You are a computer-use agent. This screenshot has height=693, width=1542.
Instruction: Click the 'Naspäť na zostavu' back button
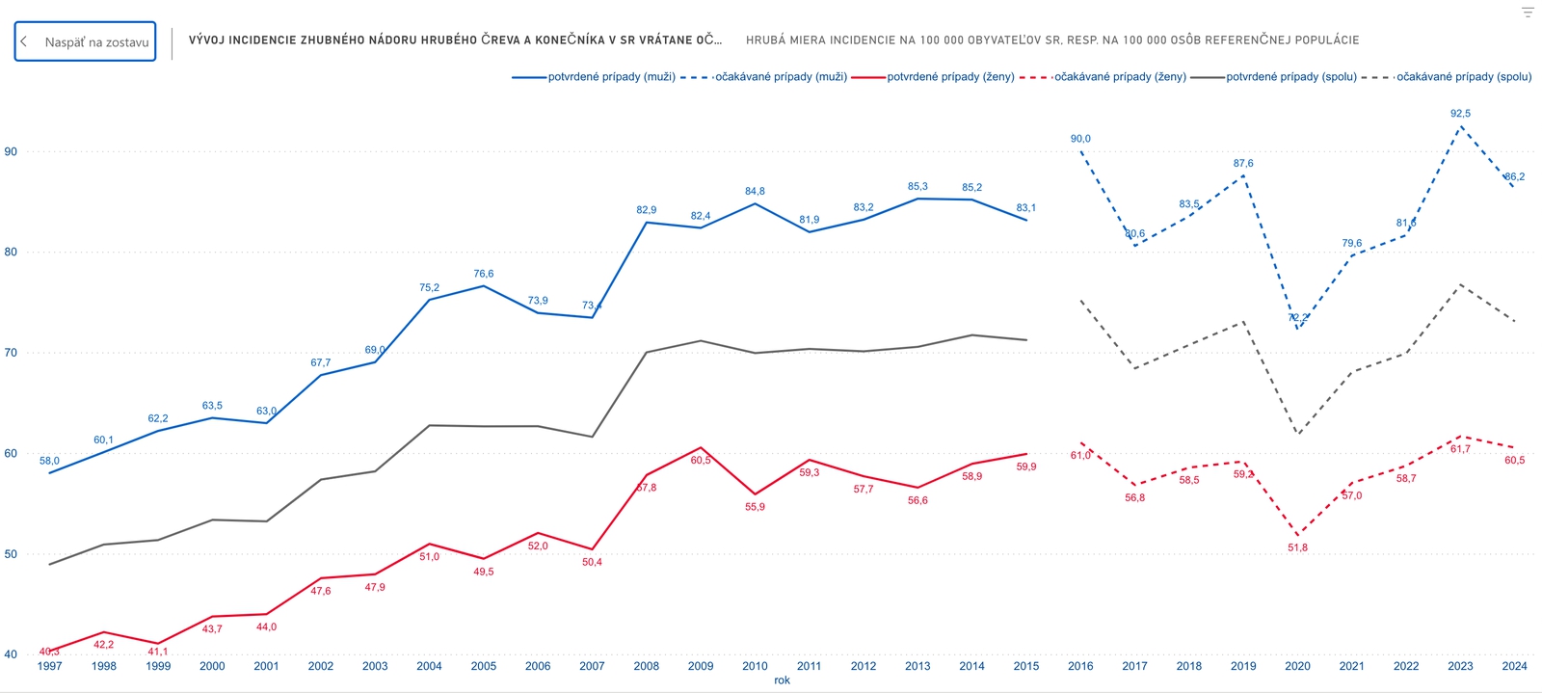85,41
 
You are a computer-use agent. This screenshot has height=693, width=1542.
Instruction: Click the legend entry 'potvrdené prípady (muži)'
611,77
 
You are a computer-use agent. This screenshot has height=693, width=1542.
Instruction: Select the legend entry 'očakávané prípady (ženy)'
1119,77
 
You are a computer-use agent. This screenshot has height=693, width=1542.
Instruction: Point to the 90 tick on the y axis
11,151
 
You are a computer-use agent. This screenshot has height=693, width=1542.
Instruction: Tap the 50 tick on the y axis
11,554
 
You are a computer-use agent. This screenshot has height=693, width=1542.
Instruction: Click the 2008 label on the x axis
647,666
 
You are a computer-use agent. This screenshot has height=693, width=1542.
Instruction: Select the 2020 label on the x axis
1297,666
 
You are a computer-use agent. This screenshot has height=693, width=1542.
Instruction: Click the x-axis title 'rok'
782,680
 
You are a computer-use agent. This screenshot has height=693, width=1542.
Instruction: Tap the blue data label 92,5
1460,114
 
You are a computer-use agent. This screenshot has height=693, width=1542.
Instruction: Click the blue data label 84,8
755,192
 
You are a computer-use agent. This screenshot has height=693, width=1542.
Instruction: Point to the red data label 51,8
1297,547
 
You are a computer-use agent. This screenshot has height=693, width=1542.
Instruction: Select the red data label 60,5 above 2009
701,461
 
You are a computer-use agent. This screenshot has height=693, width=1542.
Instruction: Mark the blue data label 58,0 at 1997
49,461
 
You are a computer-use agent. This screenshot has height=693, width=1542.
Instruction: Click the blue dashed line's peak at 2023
1460,126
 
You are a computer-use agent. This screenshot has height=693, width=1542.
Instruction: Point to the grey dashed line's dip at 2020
1297,434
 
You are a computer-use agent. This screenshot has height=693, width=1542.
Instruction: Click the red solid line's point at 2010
755,494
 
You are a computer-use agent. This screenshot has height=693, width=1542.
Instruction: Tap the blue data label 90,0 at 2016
1080,139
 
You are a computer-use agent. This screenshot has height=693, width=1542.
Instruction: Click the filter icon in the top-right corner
1527,13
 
